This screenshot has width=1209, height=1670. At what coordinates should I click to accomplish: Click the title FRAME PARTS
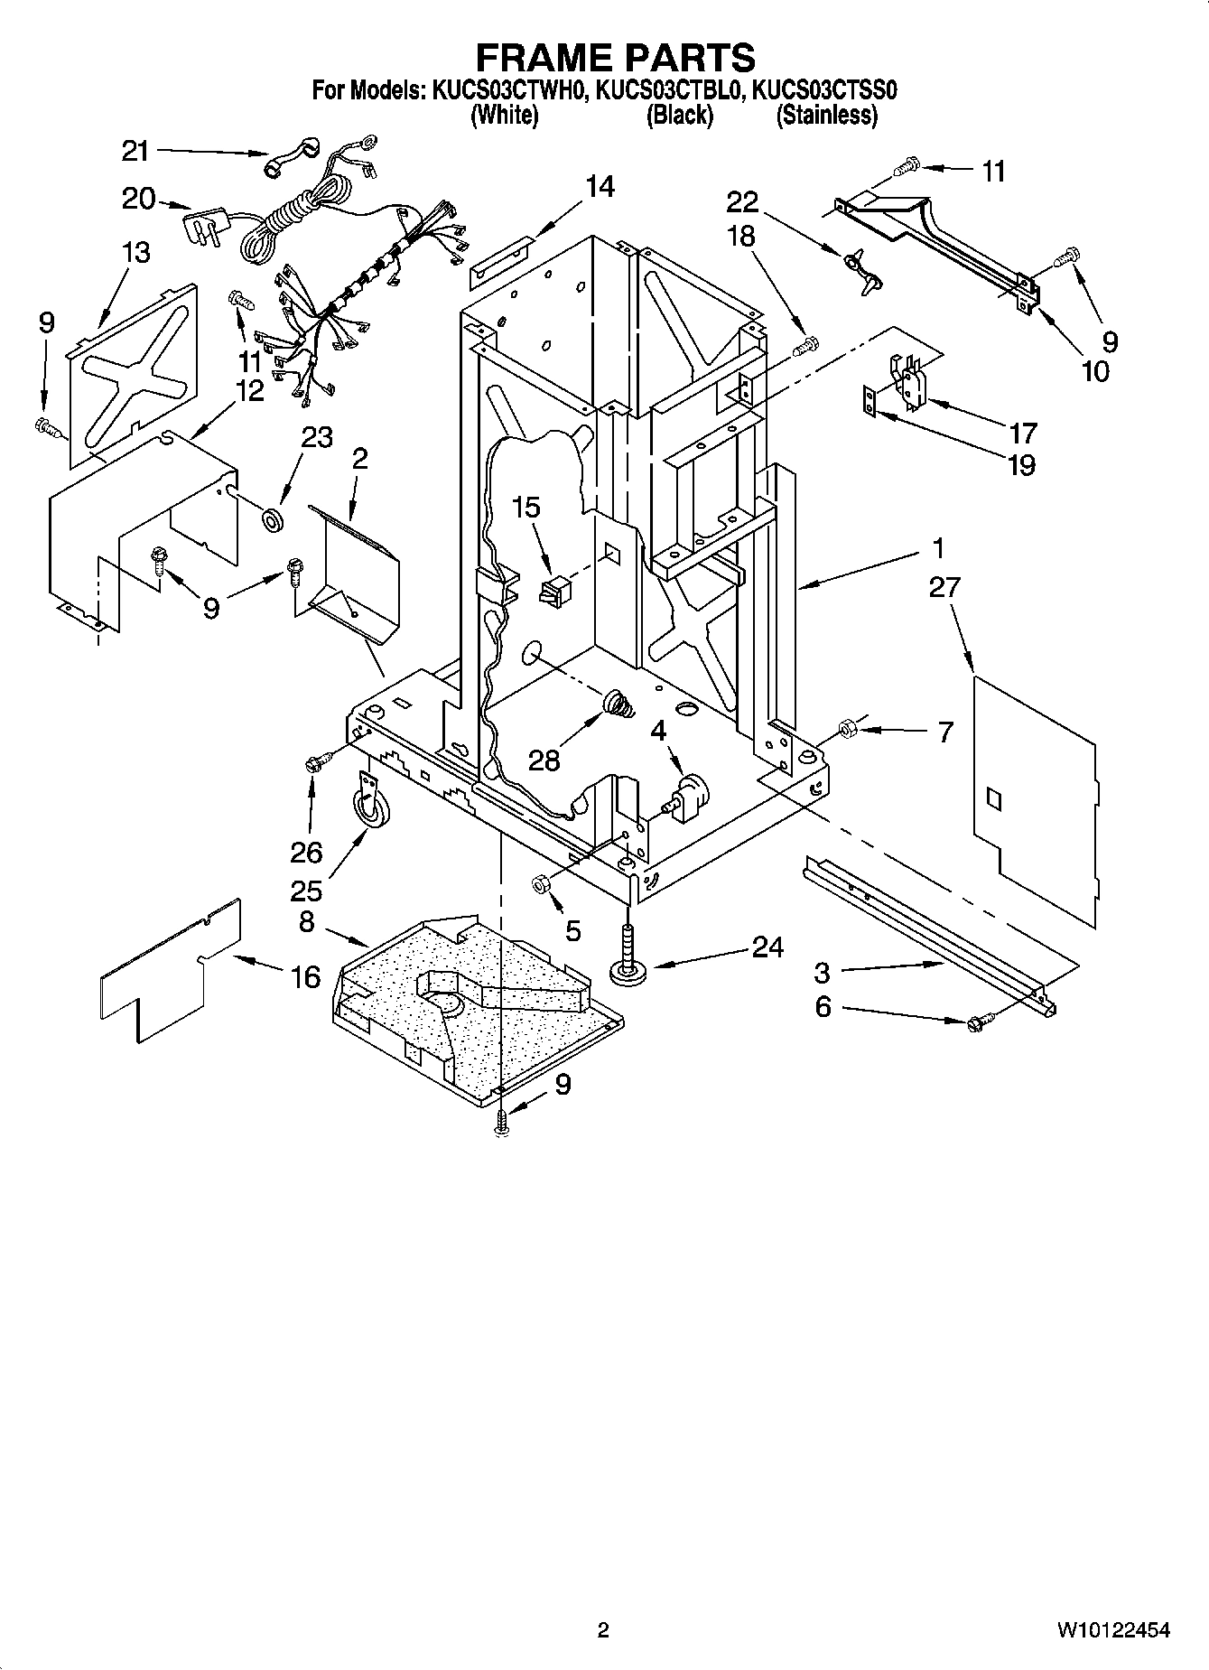coord(615,58)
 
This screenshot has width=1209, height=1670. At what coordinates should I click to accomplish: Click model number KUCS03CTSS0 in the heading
coord(824,90)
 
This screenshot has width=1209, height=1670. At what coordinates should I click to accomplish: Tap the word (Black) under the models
coord(679,115)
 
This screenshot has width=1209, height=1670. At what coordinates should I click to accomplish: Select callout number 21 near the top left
coord(135,151)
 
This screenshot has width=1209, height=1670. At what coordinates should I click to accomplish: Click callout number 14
coord(600,187)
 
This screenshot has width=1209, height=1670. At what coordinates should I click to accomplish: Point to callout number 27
coord(944,588)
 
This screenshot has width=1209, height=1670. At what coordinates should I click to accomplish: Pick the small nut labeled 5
coord(541,883)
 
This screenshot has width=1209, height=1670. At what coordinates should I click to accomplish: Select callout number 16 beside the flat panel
coord(306,976)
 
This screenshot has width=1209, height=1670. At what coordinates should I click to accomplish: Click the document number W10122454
coord(1112,1630)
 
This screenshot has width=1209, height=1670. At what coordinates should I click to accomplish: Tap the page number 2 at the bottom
coord(604,1630)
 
